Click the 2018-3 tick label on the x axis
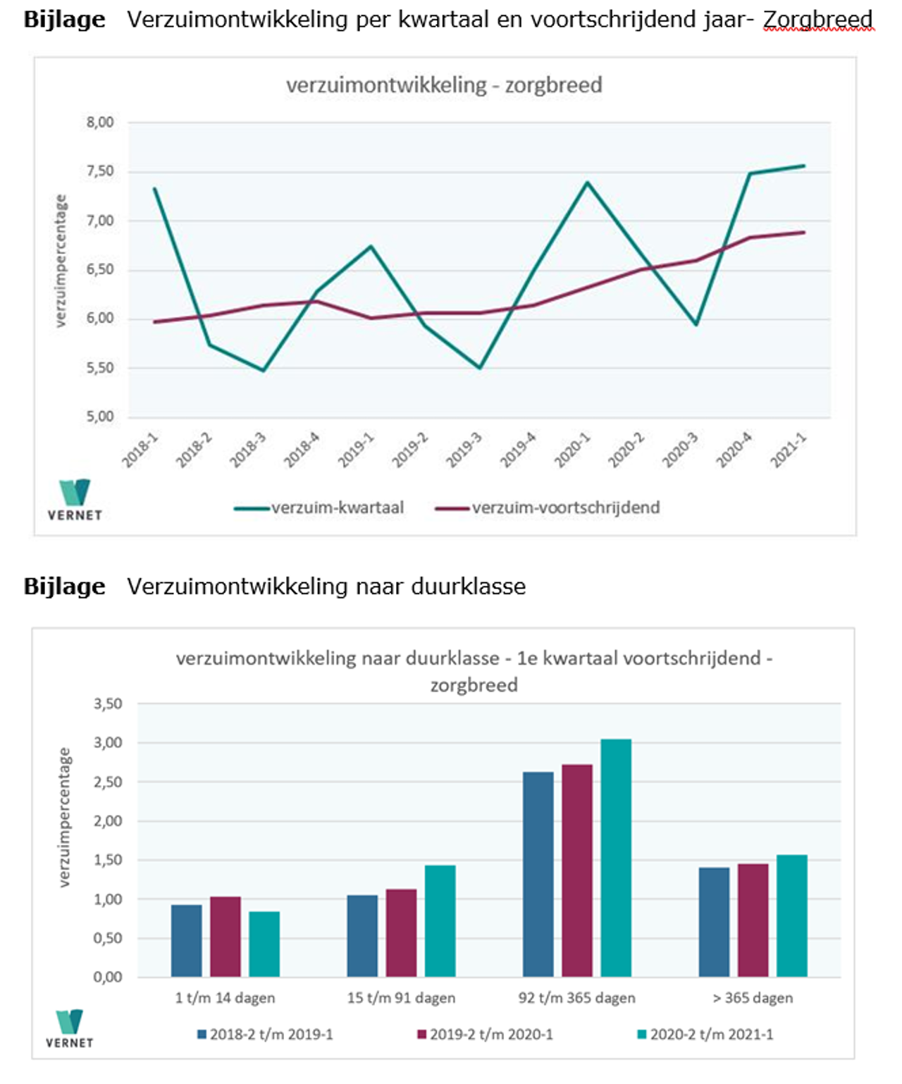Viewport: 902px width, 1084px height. [x=248, y=450]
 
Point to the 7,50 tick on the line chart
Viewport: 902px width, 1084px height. [x=100, y=171]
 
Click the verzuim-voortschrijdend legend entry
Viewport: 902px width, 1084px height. [x=548, y=507]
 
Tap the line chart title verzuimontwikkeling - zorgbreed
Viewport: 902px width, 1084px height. [x=444, y=85]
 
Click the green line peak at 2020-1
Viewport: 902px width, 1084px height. [x=587, y=183]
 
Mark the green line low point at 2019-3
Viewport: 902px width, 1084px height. [x=480, y=368]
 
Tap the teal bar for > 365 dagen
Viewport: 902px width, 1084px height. [x=792, y=916]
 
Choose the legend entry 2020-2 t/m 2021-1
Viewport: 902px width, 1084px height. [x=705, y=1034]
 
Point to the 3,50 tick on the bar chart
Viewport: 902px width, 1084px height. [x=108, y=703]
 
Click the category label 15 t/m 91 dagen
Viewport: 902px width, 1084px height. [x=401, y=997]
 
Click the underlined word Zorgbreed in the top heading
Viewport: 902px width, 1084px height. [x=817, y=19]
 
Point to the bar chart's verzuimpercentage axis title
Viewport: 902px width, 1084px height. [x=65, y=817]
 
